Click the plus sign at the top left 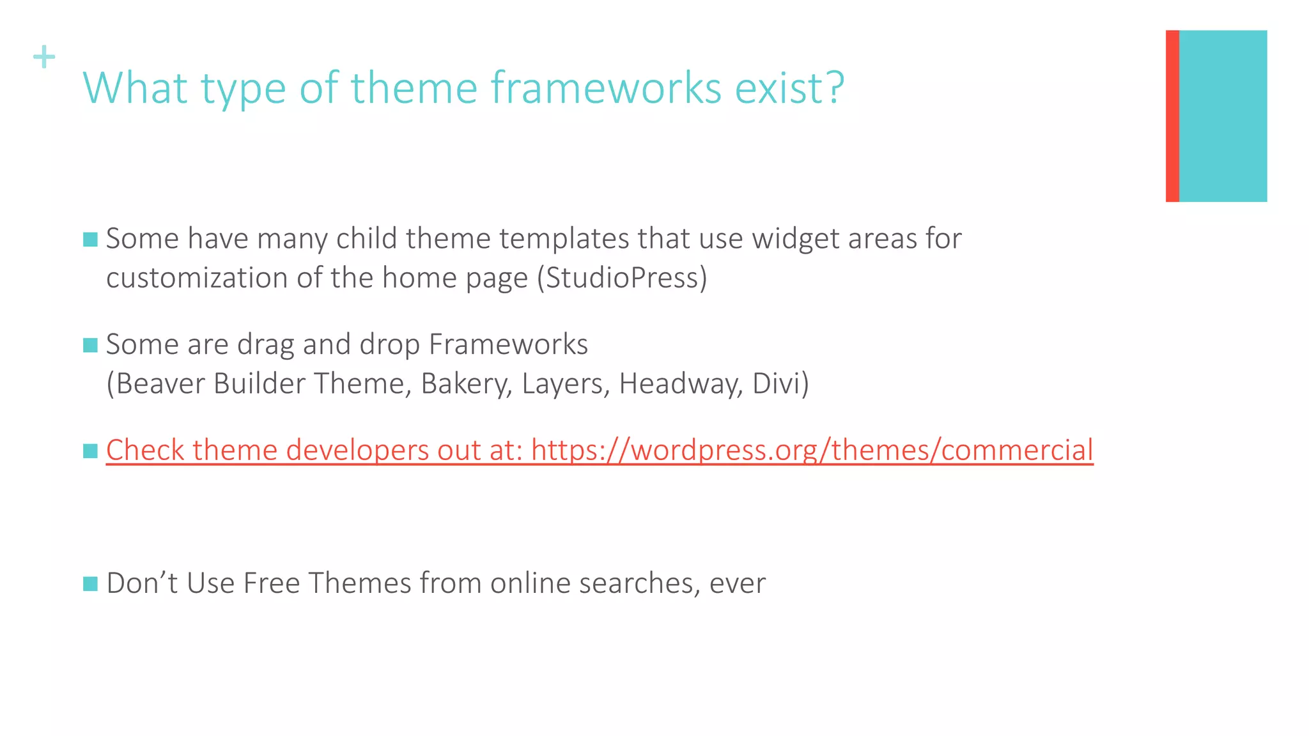click(x=44, y=57)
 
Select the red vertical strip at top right click(x=1172, y=116)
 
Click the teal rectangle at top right click(x=1223, y=116)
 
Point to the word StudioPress click(x=622, y=278)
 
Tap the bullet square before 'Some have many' click(x=90, y=240)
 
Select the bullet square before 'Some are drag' click(x=90, y=346)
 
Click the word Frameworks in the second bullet click(x=508, y=344)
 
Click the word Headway click(x=680, y=384)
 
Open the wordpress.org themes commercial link click(x=812, y=450)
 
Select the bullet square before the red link click(x=90, y=451)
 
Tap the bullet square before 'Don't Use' click(x=90, y=584)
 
